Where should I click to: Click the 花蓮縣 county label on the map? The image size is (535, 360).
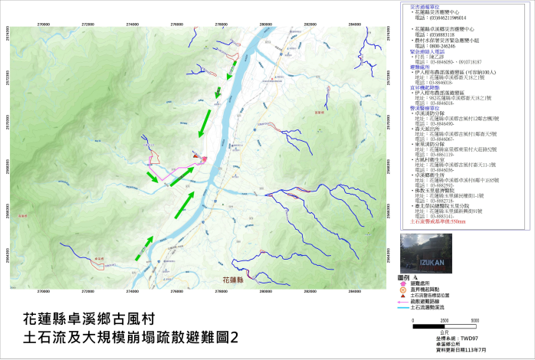[232, 280]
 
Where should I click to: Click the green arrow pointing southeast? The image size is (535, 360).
[153, 177]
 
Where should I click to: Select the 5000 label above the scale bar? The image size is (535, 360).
[474, 319]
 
